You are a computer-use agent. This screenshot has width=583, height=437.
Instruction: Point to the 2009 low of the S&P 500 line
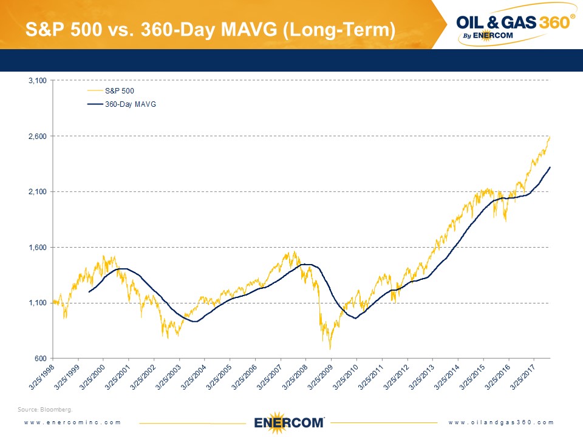(x=330, y=349)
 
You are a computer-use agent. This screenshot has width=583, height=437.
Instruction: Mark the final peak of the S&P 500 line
(x=550, y=137)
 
